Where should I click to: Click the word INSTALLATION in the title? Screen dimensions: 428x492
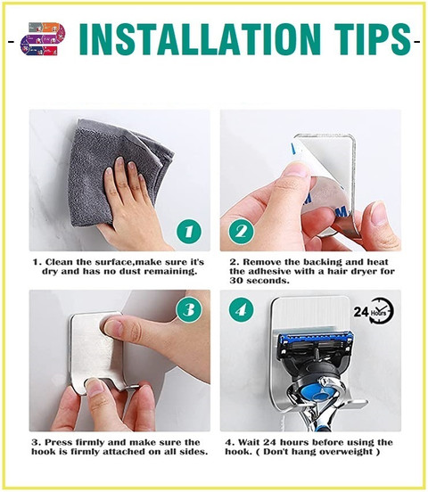[200, 39]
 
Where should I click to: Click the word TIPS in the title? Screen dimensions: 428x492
[372, 39]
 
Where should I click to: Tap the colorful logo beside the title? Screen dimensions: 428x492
[43, 39]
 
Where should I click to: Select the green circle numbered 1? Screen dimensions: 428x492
[189, 232]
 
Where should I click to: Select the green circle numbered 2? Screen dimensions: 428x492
[241, 232]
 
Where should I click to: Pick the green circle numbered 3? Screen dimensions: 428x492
[189, 310]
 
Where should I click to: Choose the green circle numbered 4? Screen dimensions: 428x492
[241, 310]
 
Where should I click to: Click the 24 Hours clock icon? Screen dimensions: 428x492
[374, 311]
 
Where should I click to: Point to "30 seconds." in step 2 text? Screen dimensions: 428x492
[259, 280]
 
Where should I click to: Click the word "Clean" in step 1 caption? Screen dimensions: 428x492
[59, 262]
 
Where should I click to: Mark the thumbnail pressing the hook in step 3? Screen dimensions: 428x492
[95, 387]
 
